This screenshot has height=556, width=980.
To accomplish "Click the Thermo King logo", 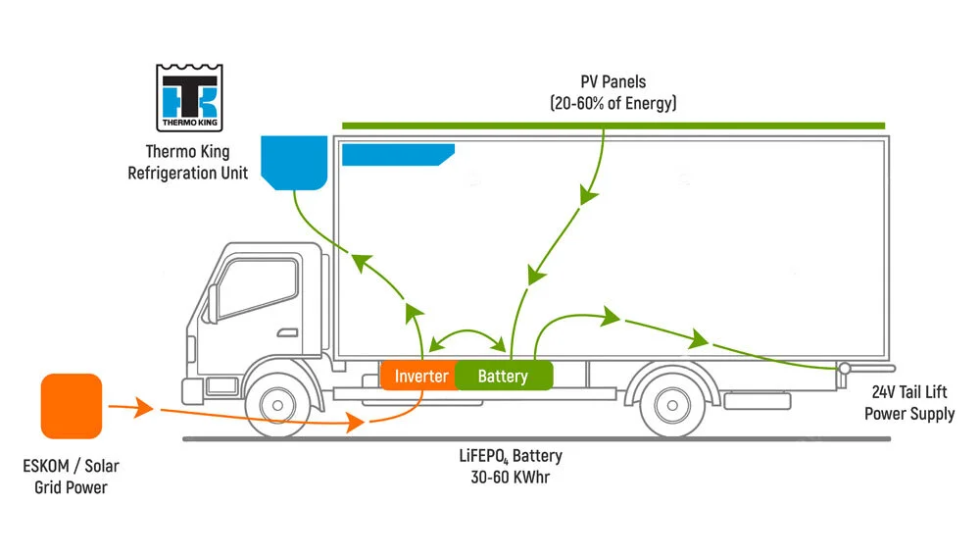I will (189, 98).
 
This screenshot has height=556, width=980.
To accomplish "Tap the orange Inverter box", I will (420, 376).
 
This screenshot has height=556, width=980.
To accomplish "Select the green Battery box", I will (503, 376).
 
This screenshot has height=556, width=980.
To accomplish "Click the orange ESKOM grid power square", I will (71, 405).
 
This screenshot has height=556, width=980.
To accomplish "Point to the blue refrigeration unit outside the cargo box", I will (293, 162).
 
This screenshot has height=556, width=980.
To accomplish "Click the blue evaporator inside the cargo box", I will (394, 154).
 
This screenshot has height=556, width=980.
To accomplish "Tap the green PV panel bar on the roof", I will (612, 126).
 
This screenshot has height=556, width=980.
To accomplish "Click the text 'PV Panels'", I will (612, 82).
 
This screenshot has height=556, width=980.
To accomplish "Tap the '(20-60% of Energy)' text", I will (612, 102).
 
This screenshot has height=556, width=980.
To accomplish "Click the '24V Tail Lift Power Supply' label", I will (908, 403).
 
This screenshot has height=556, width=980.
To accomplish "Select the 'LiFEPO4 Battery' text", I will (510, 456).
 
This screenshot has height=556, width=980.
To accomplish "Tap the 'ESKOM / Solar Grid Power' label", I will (71, 477).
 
